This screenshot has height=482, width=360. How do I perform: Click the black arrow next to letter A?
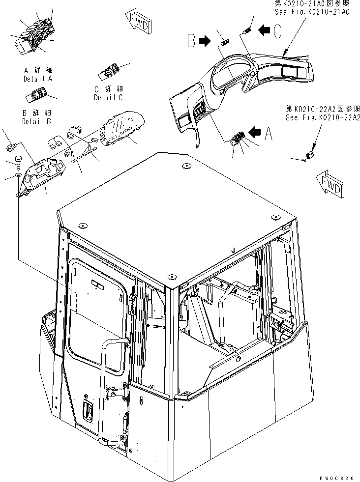pyautogui.click(x=255, y=132)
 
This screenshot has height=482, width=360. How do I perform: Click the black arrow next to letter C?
pyautogui.click(x=265, y=30)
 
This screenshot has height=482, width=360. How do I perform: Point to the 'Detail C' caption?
pyautogui.click(x=108, y=97)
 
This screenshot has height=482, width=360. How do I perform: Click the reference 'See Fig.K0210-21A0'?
pyautogui.click(x=311, y=12)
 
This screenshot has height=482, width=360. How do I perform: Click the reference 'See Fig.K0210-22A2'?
pyautogui.click(x=322, y=117)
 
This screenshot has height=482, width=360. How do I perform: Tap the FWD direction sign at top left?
pyautogui.click(x=138, y=23)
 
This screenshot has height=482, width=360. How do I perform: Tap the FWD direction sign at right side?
pyautogui.click(x=330, y=183)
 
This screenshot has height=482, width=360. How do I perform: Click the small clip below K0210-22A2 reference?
pyautogui.click(x=310, y=156)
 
